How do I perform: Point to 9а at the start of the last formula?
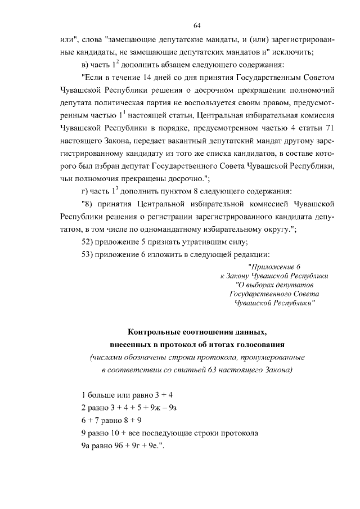click(x=85, y=447)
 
